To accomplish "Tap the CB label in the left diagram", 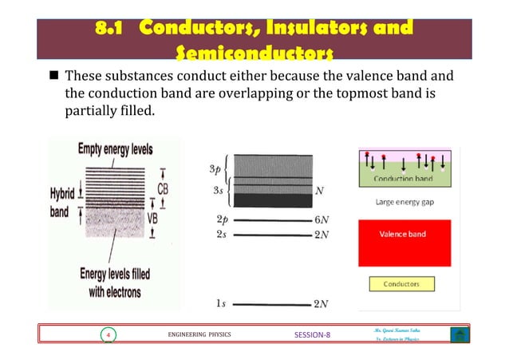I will point(163,188).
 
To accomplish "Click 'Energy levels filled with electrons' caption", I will point(113,283).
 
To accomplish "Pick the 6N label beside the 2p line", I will point(323,219).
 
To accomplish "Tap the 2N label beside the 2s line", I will point(323,235).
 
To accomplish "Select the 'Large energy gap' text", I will point(403,203).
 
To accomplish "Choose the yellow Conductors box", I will point(403,284).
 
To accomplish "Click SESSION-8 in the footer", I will point(308,335).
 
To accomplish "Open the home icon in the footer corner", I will point(459,335).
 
